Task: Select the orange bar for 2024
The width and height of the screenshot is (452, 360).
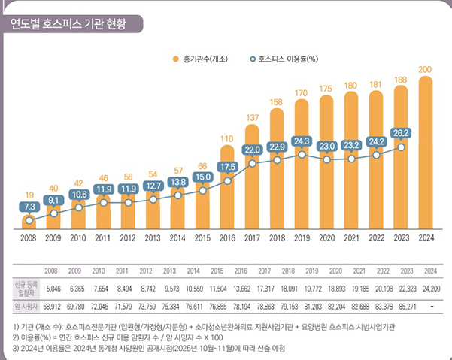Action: (425, 150)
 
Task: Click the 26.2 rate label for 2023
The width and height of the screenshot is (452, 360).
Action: (400, 132)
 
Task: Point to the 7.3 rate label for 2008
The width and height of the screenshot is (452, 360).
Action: (29, 206)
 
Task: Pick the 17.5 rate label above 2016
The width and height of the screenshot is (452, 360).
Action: (227, 167)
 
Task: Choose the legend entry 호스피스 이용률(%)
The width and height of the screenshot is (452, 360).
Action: (286, 58)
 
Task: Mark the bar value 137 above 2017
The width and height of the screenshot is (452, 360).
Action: (252, 118)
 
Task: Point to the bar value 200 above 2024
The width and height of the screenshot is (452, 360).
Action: (425, 70)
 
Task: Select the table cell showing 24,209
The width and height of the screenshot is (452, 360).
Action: (430, 287)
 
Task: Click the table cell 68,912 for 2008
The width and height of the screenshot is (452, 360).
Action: (51, 307)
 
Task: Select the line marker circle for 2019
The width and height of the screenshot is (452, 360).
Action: (301, 154)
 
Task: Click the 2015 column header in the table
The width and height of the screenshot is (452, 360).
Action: (217, 270)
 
